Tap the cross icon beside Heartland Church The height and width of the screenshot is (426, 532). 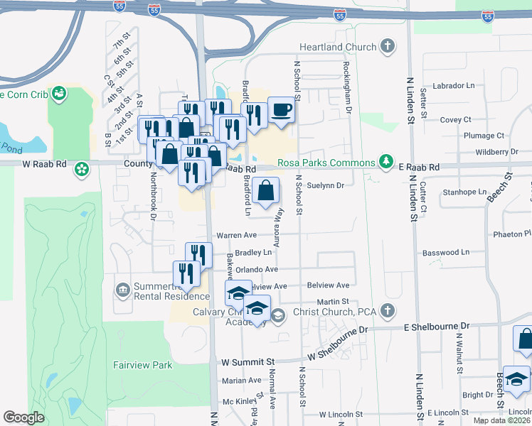tap(387, 48)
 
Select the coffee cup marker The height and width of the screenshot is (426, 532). tap(281, 110)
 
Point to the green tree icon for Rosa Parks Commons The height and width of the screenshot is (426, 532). tap(386, 163)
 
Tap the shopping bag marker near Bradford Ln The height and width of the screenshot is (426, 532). tap(265, 191)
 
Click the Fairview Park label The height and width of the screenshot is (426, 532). tap(142, 365)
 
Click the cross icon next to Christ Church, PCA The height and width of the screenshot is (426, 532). tap(387, 311)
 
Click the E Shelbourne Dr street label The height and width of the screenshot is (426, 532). tap(437, 327)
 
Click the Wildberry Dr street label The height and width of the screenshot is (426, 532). tap(496, 152)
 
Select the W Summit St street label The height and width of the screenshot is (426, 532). tap(247, 362)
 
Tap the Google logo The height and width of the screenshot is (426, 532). tap(23, 417)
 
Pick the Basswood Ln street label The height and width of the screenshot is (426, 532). tap(445, 252)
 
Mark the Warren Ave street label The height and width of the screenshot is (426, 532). tap(235, 234)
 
